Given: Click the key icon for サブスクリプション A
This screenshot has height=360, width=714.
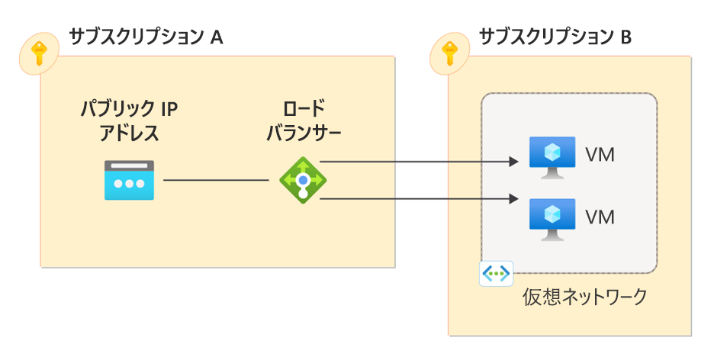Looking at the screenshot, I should pyautogui.click(x=39, y=54).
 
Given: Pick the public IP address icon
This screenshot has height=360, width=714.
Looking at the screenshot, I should pyautogui.click(x=129, y=180).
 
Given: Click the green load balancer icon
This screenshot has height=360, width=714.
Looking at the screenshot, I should pyautogui.click(x=303, y=180).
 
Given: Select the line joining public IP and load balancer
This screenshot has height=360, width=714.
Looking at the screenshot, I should pyautogui.click(x=216, y=181).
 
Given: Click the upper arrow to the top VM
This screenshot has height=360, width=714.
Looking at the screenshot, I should pyautogui.click(x=416, y=162).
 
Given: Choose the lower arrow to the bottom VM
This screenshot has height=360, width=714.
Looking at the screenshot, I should pyautogui.click(x=416, y=199).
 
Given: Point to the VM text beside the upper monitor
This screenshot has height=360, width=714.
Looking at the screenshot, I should pyautogui.click(x=600, y=156).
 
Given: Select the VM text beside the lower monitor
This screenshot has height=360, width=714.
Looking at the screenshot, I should pyautogui.click(x=600, y=217).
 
